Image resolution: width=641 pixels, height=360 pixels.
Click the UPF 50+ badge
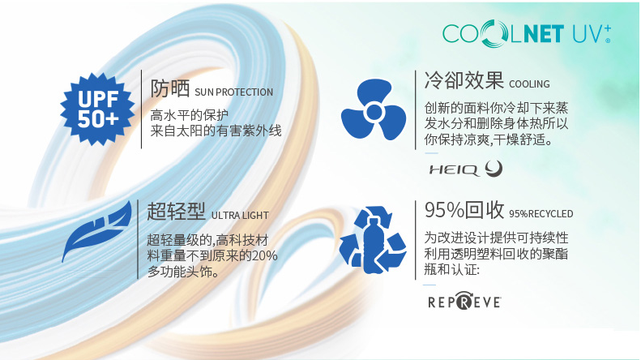[x=97, y=109]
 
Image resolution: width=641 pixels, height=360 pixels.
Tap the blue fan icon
[x=374, y=109]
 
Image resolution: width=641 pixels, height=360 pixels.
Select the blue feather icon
[x=97, y=231]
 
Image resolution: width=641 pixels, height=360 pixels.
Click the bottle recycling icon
[x=373, y=240]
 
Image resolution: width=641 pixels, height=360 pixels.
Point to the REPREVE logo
[x=464, y=302]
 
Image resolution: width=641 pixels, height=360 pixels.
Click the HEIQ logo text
[x=454, y=169]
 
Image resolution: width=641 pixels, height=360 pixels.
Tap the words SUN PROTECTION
[x=234, y=92]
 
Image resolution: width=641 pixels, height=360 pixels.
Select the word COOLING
[x=529, y=84]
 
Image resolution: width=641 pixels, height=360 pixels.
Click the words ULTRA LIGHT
[x=240, y=216]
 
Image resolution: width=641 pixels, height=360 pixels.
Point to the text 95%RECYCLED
[x=541, y=214]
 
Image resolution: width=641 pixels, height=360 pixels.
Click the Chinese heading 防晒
[x=170, y=88]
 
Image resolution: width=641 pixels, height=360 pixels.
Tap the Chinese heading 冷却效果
[x=464, y=79]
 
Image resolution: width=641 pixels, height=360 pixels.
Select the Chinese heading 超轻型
[x=176, y=212]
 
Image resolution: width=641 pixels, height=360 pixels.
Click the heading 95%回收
[x=464, y=210]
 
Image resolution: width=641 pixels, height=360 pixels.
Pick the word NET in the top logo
[x=544, y=33]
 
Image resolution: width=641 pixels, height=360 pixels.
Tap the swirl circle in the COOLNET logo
[x=494, y=33]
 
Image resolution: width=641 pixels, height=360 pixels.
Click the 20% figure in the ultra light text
[x=265, y=255]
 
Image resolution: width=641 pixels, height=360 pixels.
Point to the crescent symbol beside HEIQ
[x=494, y=169]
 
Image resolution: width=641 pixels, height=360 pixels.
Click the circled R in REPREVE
[x=464, y=302]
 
